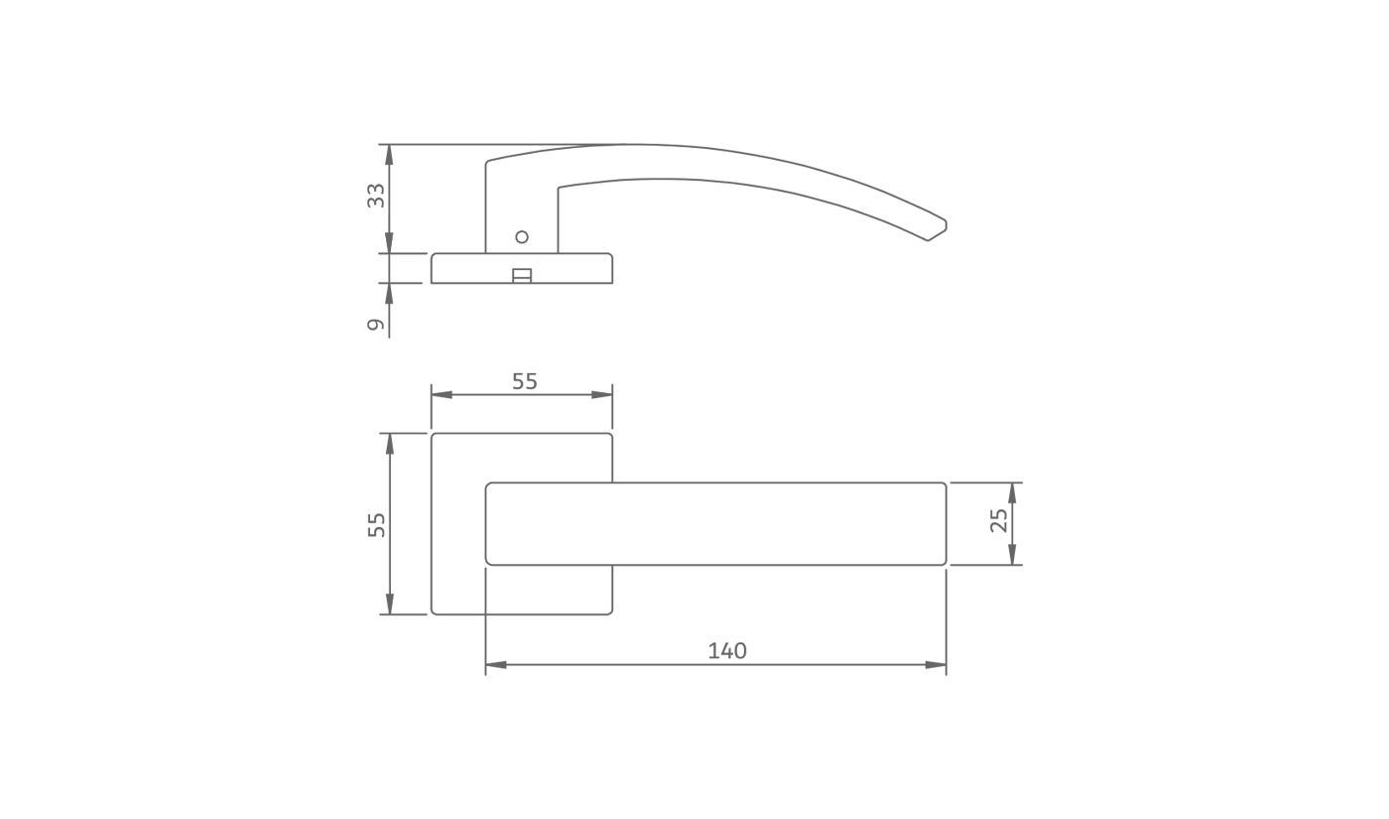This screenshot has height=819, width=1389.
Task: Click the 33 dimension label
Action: coord(376,196)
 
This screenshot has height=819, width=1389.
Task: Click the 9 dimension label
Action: coord(376,325)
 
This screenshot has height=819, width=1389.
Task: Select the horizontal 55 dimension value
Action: coord(525,381)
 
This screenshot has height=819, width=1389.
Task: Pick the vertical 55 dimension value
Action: coord(376,525)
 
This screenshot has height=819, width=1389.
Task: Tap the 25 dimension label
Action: coord(999,520)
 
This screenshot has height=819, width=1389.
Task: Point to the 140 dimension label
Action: coord(727,651)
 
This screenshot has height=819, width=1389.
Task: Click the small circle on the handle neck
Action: coord(522,237)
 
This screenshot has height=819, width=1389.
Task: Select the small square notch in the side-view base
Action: coord(522,276)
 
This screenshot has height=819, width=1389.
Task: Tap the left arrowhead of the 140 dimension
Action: coord(495,665)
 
